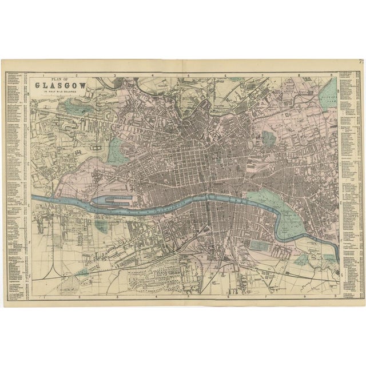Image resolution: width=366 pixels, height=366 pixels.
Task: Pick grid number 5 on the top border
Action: pos(189,75)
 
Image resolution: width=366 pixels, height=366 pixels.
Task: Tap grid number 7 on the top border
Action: pos(262,75)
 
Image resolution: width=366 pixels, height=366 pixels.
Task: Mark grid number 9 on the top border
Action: pos(335,75)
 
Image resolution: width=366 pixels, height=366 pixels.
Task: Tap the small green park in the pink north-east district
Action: pos(268,138)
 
